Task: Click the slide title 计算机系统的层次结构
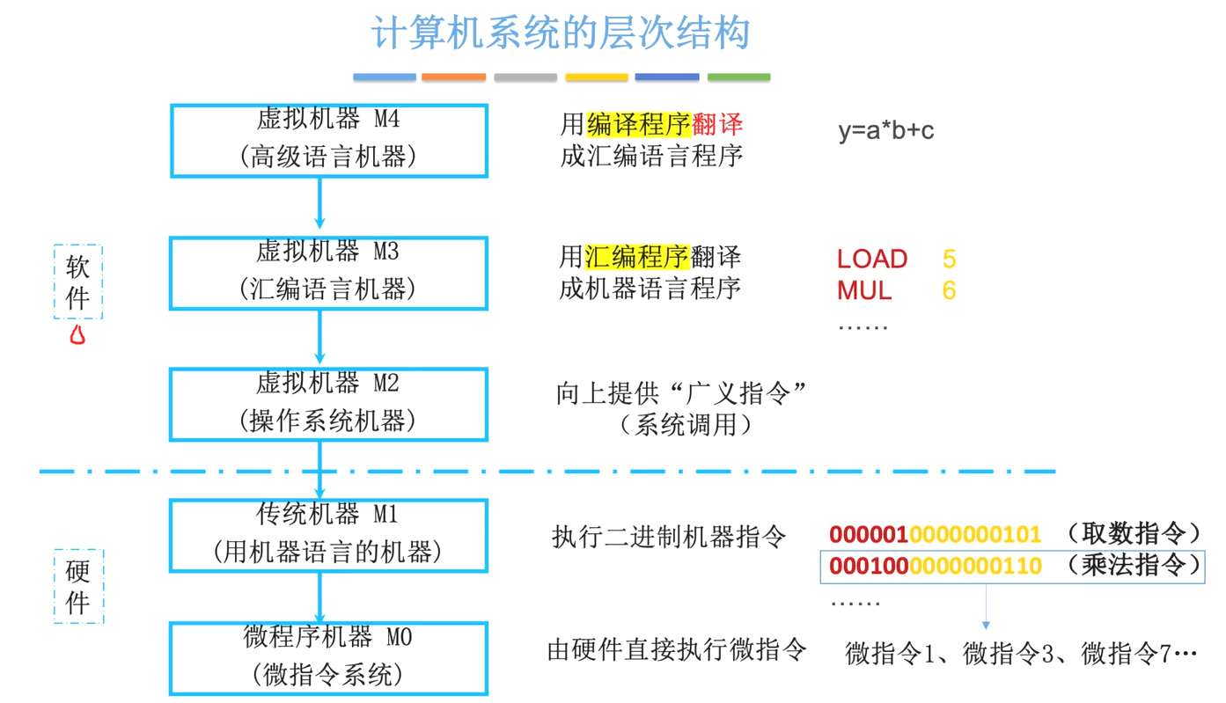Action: tap(560, 33)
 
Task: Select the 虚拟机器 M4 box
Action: tap(328, 140)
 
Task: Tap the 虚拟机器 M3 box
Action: tap(328, 273)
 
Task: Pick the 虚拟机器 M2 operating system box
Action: tap(328, 405)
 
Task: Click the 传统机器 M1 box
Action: tap(328, 536)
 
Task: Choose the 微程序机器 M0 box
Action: tap(328, 658)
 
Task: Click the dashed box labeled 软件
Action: tap(78, 282)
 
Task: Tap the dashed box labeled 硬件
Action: tap(78, 587)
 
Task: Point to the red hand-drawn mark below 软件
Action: tap(77, 334)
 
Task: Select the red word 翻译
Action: tap(716, 124)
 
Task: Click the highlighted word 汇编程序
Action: tap(636, 257)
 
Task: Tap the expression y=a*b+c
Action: tap(885, 131)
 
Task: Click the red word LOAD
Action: tap(871, 259)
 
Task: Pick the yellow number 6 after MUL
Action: tap(949, 290)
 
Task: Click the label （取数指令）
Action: tap(1134, 533)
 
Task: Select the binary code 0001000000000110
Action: tap(936, 566)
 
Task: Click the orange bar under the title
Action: tap(453, 77)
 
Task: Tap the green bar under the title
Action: tap(738, 77)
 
